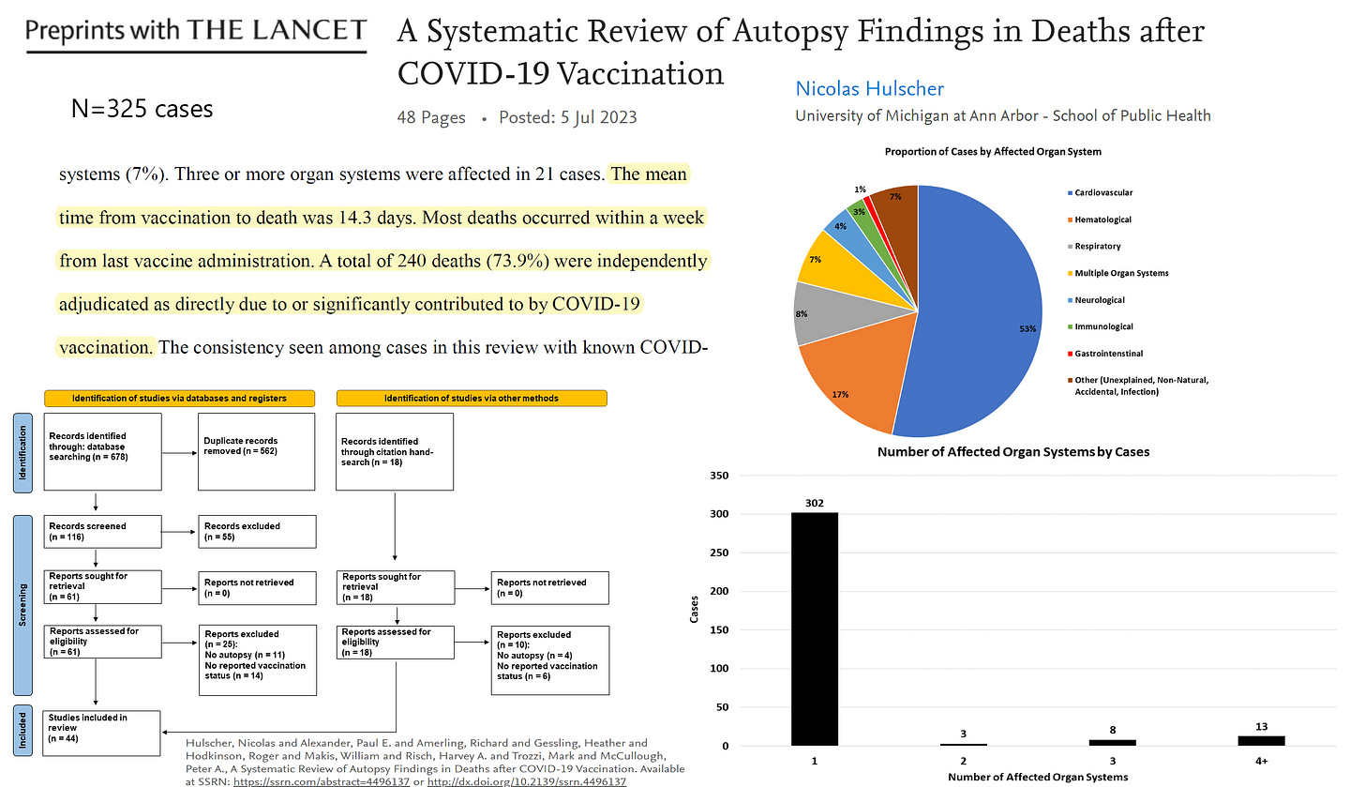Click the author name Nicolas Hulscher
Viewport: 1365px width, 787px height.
[869, 89]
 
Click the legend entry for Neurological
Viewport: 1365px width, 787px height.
[1101, 300]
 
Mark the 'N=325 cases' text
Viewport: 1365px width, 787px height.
[142, 109]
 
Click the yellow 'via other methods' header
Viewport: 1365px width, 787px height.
[472, 399]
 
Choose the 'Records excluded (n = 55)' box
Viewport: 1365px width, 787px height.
[255, 532]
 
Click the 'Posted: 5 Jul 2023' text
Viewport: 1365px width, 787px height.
[568, 117]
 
